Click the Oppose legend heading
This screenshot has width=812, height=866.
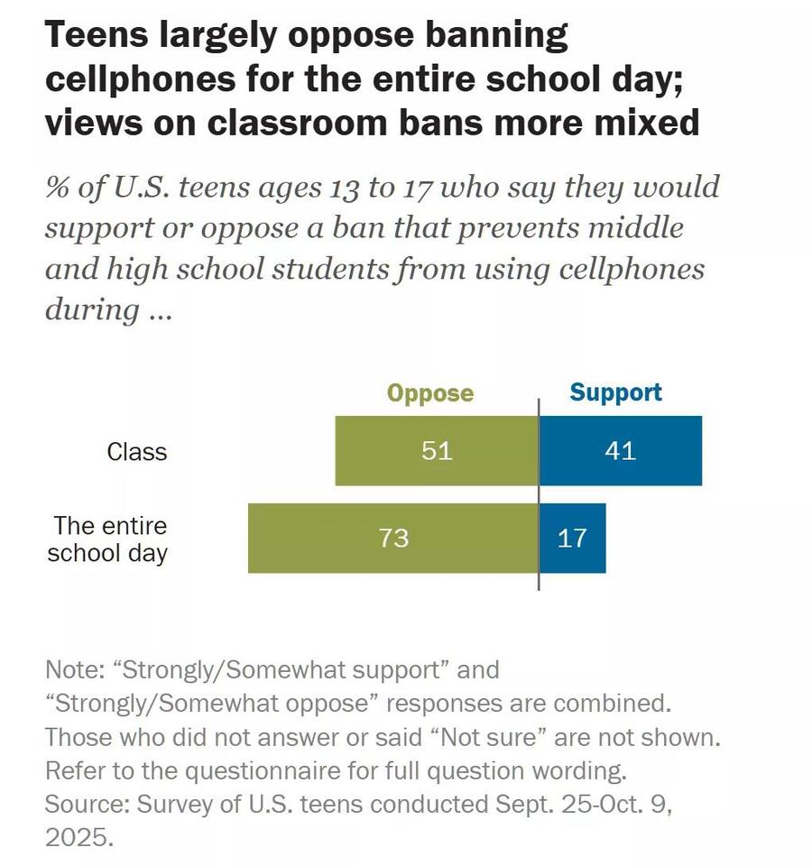point(430,393)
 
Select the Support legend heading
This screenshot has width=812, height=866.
point(615,392)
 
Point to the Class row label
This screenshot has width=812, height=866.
point(136,451)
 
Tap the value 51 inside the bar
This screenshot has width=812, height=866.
point(437,450)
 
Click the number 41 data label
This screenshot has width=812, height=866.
point(620,450)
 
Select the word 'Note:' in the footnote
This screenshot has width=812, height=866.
point(73,670)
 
